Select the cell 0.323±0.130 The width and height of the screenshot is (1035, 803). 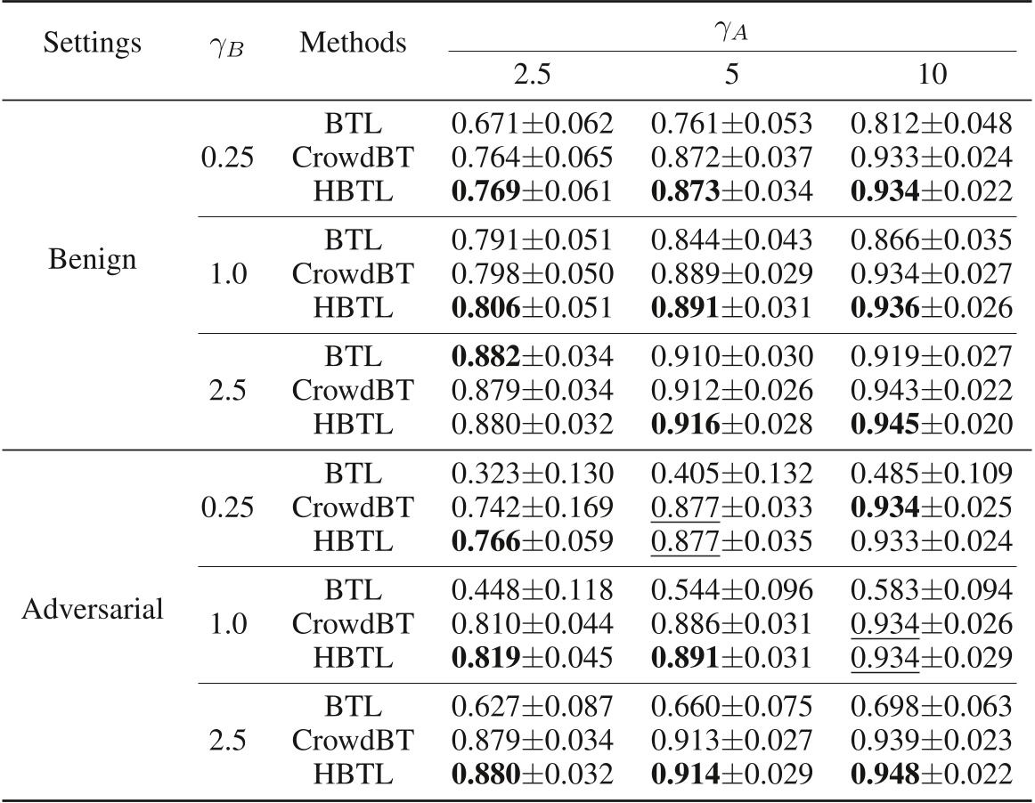(x=532, y=472)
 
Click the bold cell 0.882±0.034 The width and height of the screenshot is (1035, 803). (x=532, y=356)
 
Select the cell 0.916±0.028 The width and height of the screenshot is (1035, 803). (x=732, y=424)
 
